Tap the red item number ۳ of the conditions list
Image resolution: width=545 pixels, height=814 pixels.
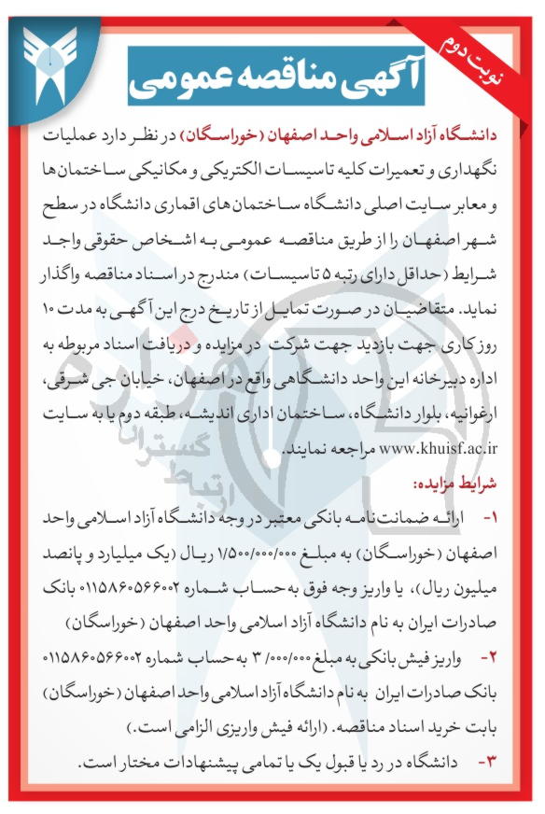click(489, 762)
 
